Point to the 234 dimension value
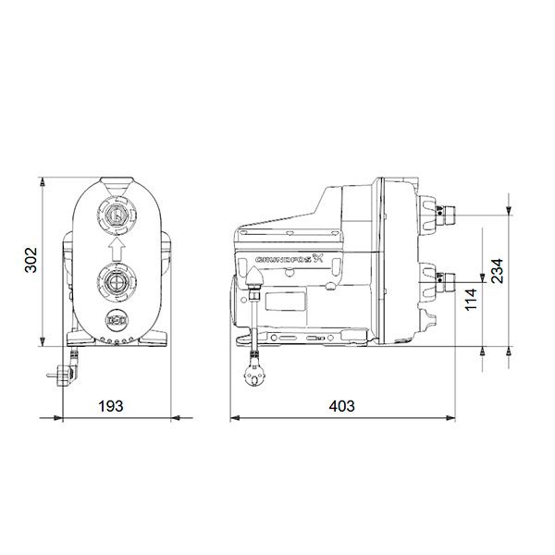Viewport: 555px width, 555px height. point(497,269)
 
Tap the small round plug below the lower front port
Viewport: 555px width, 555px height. point(117,321)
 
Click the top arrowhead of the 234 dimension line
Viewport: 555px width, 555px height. point(511,209)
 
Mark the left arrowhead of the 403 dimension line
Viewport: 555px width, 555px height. point(232,419)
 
